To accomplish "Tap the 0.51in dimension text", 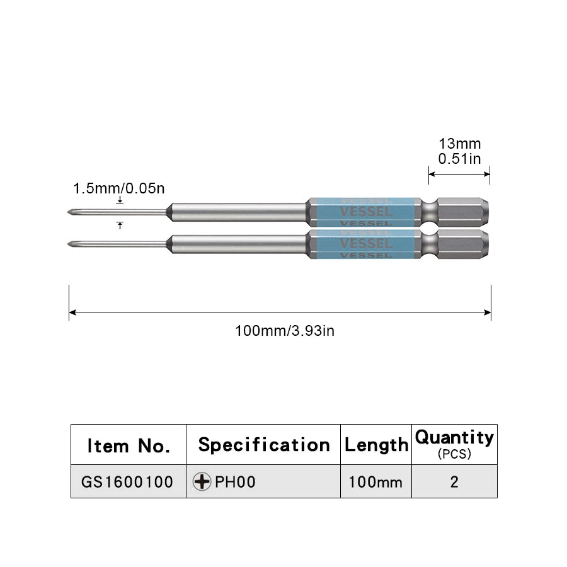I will click(x=459, y=159).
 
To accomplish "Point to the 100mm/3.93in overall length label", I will click(x=285, y=330).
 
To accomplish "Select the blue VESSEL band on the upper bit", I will click(x=365, y=212).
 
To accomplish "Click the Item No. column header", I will click(x=129, y=446).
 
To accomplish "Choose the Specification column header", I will click(x=264, y=445).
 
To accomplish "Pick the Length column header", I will click(x=376, y=445).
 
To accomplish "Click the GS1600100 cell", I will click(x=127, y=482).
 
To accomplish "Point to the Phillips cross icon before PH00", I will click(x=202, y=482).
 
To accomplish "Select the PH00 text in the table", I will click(x=235, y=482).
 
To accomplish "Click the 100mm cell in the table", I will click(x=376, y=482).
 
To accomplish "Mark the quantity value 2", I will click(x=454, y=482).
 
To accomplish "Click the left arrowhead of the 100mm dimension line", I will click(x=72, y=312).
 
